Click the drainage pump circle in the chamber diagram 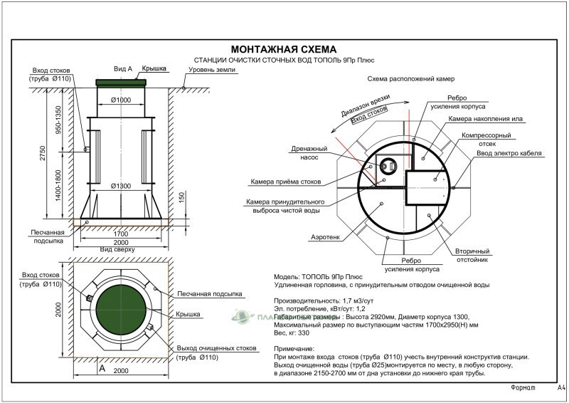coord(388,165)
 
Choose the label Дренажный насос coord(309,153)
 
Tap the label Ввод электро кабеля coord(510,153)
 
